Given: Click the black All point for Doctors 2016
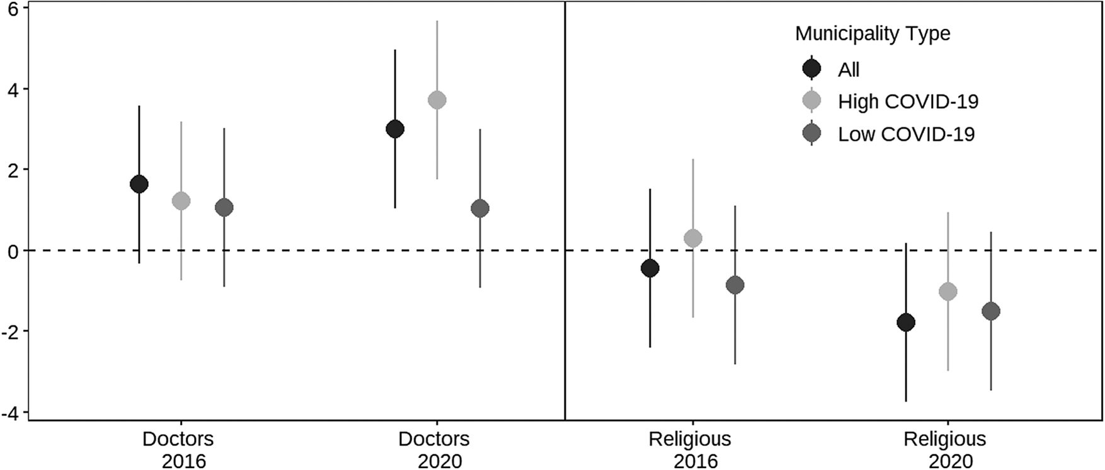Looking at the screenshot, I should (139, 184).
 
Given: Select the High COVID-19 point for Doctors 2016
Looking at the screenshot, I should (181, 201).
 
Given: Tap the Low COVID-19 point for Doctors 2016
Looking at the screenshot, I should (224, 208).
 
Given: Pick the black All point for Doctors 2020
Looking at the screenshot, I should (395, 129).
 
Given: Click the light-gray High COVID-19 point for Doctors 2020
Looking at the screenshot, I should (437, 100).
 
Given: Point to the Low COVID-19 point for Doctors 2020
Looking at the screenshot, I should (480, 209).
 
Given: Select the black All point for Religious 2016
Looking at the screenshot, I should (650, 268).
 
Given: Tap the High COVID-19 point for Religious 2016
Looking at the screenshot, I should (693, 238).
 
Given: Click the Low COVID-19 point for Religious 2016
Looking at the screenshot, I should (735, 285).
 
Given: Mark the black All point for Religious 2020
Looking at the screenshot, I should (907, 323).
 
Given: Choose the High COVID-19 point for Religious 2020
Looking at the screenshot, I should (948, 291).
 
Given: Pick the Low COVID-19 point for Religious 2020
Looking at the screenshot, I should (991, 311).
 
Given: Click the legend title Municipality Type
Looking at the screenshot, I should (873, 33).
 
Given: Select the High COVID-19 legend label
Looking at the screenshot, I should (908, 101).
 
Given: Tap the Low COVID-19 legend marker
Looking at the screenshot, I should (812, 134).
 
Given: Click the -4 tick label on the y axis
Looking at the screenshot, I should (11, 412).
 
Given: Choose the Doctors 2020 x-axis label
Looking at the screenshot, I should (434, 449).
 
